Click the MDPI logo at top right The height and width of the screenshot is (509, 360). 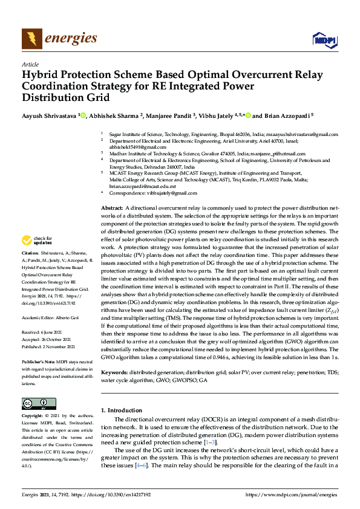pos(324,41)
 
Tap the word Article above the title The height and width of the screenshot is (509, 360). pos(30,64)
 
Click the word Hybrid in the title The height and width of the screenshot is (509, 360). pos(41,76)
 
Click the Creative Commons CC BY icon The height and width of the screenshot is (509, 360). pos(35,403)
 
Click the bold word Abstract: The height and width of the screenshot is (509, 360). pos(112,207)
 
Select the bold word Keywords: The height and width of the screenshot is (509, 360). pos(114,372)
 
